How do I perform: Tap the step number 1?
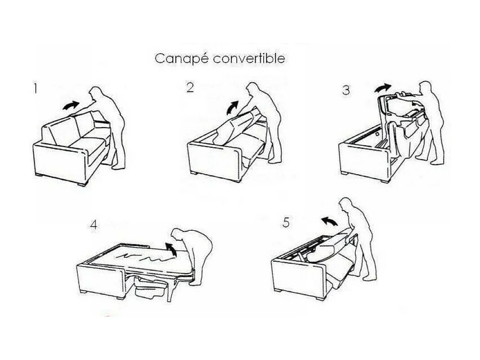(35, 88)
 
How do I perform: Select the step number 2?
(190, 88)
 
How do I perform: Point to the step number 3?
(346, 90)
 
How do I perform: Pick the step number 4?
(94, 225)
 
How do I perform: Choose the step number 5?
(286, 223)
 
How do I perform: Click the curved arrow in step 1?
(70, 105)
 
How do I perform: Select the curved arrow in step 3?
(383, 88)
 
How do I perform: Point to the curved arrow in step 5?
(329, 220)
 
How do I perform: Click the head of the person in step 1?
(96, 93)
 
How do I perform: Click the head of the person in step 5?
(347, 205)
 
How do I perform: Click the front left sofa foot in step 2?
(193, 173)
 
